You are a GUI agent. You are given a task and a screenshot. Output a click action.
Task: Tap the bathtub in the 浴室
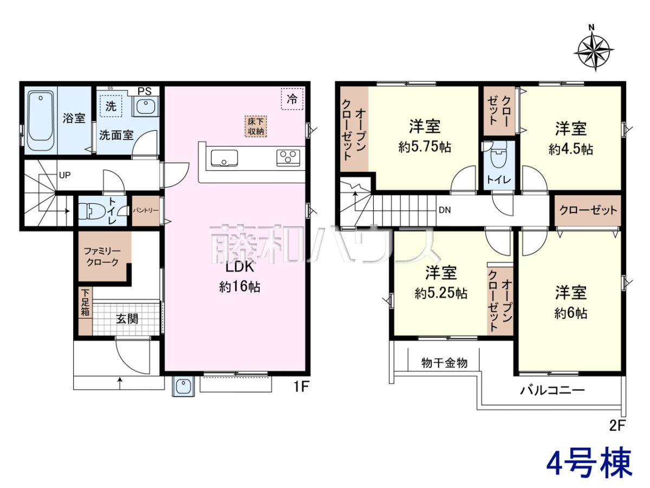point(41,120)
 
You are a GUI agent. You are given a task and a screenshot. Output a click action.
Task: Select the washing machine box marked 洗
point(110,106)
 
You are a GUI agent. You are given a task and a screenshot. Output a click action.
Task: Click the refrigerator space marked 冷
point(292,99)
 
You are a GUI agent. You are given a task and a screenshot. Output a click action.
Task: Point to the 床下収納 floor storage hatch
point(256,126)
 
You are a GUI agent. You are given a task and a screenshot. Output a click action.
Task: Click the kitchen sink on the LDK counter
point(224,158)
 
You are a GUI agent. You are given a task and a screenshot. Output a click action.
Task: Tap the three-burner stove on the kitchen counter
point(288,158)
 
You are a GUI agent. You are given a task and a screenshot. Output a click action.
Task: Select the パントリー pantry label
point(145,210)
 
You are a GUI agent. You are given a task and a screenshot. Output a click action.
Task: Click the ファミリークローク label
point(102,256)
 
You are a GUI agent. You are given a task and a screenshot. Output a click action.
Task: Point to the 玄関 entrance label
point(127,319)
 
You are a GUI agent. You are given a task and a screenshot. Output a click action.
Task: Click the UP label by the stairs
point(65,175)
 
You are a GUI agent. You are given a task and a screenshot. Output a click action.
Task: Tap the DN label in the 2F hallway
point(445,210)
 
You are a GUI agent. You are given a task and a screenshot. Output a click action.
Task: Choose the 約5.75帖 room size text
point(425,147)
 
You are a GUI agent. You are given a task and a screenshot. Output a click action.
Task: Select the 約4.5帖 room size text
point(570,149)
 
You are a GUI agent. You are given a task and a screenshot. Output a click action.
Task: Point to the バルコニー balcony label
point(552,390)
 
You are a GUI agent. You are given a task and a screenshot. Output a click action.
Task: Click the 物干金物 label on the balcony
point(444,363)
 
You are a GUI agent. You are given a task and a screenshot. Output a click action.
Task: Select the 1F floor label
point(301,387)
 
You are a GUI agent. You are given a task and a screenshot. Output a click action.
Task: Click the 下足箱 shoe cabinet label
point(85,303)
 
